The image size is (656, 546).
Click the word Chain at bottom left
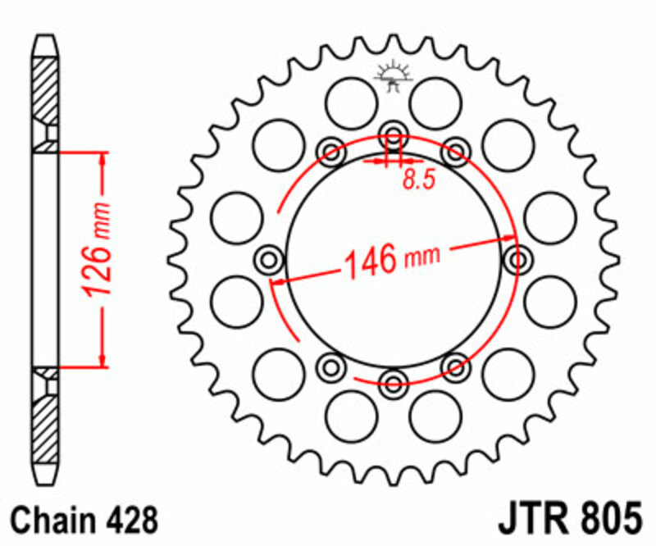tap(51, 520)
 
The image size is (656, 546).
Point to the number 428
tap(130, 520)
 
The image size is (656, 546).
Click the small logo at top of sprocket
tap(393, 75)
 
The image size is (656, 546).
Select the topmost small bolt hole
tap(393, 134)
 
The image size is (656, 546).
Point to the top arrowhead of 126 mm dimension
tap(103, 159)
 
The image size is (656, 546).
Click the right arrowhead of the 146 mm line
tap(507, 239)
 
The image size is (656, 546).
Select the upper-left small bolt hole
tap(332, 150)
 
